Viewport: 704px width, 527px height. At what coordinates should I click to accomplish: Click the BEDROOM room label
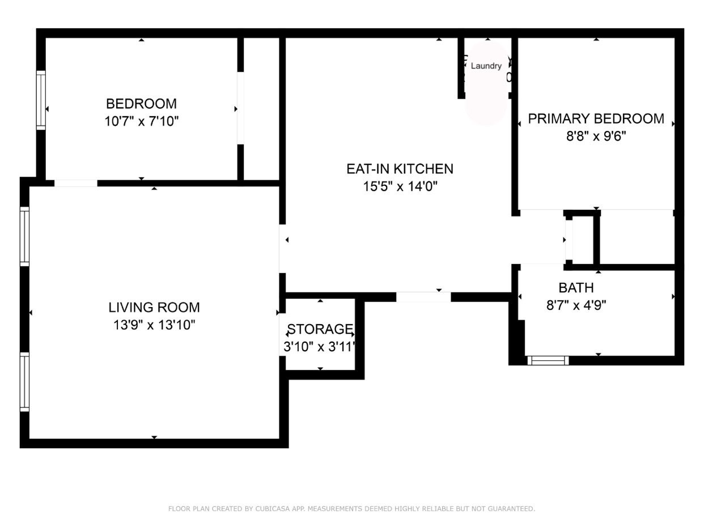tap(141, 104)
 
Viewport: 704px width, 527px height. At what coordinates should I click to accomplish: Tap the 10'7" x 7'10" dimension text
tap(141, 121)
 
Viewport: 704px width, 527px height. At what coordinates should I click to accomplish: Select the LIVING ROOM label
tap(154, 307)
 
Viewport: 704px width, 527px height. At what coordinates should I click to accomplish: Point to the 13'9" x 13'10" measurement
tap(154, 325)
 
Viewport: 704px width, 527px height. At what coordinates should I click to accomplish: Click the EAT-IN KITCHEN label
tap(400, 169)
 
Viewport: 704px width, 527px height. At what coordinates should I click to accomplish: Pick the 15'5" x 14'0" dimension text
tap(400, 186)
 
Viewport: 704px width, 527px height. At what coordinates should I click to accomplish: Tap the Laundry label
tap(486, 66)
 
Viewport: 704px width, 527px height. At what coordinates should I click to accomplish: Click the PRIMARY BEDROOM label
tap(596, 118)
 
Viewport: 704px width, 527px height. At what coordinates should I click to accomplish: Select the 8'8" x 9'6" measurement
tap(596, 136)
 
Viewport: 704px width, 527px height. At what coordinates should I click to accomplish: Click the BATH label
tap(576, 287)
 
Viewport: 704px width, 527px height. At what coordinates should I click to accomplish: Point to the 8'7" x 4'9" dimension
tap(576, 305)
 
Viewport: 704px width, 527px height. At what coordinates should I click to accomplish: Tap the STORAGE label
tap(320, 329)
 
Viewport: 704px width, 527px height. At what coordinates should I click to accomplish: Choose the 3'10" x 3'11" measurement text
tap(320, 346)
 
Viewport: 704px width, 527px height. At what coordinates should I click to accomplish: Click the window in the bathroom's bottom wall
tap(548, 360)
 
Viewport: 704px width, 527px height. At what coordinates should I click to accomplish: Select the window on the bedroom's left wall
tap(41, 100)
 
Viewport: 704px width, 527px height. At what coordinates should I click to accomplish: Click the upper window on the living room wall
tap(24, 236)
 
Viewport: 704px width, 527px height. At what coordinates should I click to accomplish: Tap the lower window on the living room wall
tap(24, 381)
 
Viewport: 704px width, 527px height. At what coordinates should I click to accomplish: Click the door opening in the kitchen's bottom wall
tap(423, 297)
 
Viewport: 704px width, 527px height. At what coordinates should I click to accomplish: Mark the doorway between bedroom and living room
tap(76, 183)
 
